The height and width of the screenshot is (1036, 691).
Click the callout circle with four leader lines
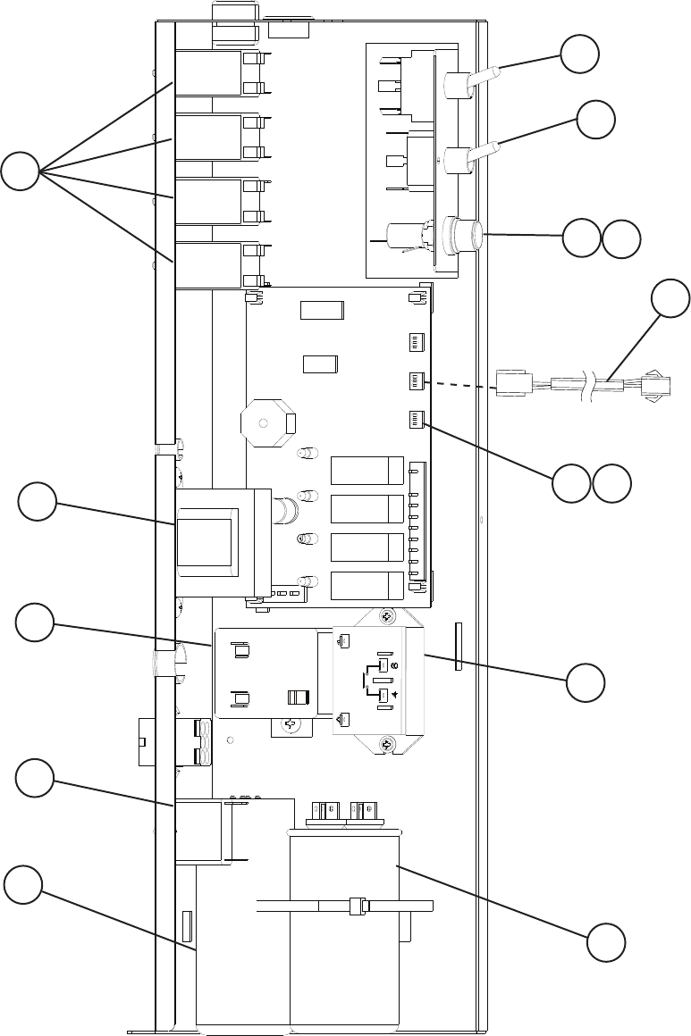coord(20,171)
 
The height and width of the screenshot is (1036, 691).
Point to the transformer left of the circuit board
coord(215,541)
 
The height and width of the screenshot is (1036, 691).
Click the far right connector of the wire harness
coord(657,386)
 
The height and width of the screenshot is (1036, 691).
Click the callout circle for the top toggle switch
coord(580,57)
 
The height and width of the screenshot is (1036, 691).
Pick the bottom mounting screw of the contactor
coord(386,744)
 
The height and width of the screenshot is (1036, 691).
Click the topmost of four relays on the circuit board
coord(367,470)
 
